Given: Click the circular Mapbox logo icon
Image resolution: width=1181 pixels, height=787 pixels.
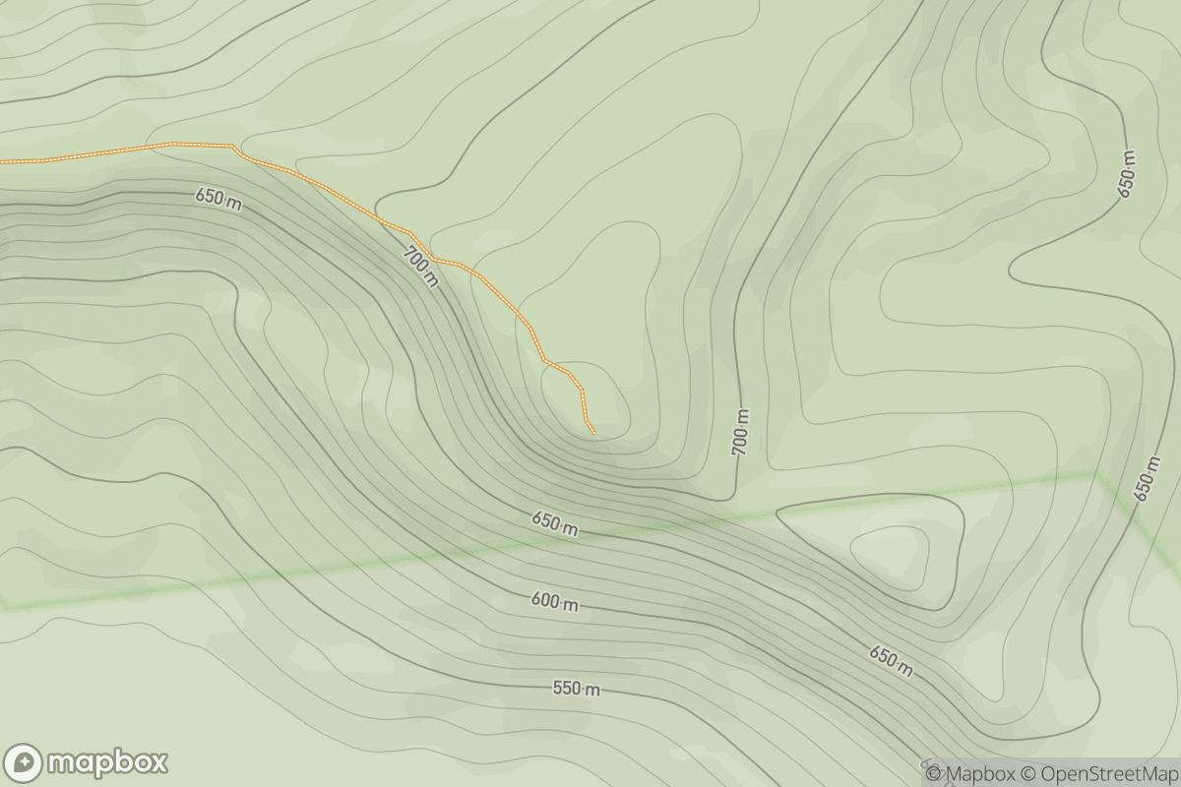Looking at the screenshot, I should click(x=23, y=762).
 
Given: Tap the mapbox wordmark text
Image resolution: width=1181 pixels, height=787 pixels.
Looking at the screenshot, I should click(x=107, y=762).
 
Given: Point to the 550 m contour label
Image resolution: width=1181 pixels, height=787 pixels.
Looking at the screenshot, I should click(x=576, y=689).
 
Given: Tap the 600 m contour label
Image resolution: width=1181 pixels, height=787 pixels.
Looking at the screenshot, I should click(x=555, y=603).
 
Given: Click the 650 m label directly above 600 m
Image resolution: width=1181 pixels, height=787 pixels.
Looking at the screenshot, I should click(x=554, y=524).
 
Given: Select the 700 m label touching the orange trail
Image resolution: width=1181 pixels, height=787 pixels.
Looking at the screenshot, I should click(x=420, y=267).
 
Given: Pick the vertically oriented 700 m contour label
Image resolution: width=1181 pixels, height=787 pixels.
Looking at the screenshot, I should click(x=740, y=432).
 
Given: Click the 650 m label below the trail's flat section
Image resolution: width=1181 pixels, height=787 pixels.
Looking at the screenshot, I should click(x=218, y=199).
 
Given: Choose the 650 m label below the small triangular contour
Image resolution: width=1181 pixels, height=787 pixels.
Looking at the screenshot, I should click(x=890, y=660).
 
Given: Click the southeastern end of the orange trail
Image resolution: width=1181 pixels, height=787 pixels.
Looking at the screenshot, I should click(x=594, y=433).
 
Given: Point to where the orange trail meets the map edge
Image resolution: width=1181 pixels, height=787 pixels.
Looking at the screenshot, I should click(x=2, y=160).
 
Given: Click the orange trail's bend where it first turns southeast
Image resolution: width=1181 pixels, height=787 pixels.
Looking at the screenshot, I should click(x=233, y=146).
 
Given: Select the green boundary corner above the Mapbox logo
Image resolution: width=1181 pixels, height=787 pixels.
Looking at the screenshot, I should click(x=5, y=605).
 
